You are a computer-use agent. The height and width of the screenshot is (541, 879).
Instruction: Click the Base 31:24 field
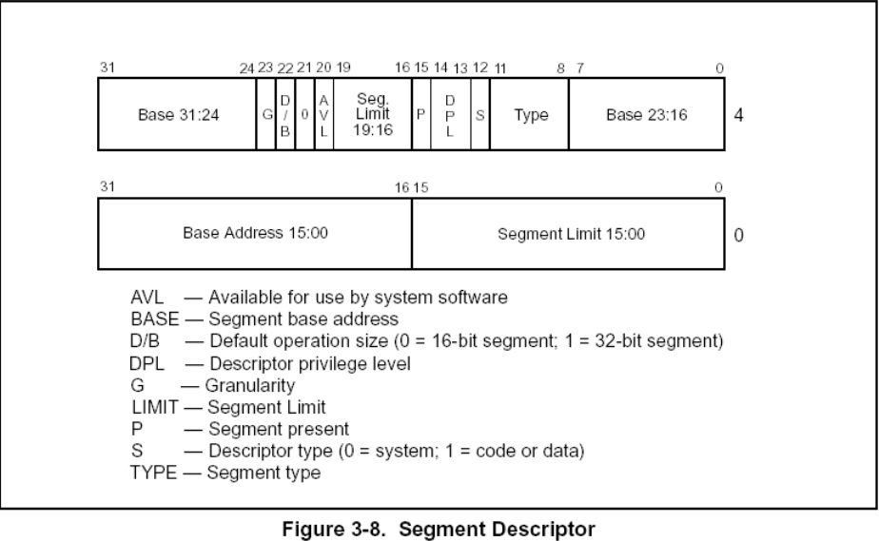pos(177,114)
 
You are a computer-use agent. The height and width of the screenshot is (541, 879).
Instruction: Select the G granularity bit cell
pos(266,114)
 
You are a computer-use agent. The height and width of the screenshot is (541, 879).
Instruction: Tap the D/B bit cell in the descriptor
pos(285,114)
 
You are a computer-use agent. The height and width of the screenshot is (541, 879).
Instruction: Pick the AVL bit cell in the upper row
pos(324,114)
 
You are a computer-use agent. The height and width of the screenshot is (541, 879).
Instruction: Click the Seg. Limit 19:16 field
pos(373,114)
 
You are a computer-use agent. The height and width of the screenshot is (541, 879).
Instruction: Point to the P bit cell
pos(421,114)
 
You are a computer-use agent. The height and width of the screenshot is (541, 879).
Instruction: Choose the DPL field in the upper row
pos(451,114)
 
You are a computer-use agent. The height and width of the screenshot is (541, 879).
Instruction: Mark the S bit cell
pos(480,114)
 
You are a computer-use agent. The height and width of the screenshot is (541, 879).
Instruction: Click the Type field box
pos(530,114)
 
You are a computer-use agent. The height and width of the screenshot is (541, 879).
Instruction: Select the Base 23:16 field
pos(647,114)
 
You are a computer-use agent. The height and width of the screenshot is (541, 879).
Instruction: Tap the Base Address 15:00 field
pos(255,234)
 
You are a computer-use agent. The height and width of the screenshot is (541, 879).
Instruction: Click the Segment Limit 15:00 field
pos(569,234)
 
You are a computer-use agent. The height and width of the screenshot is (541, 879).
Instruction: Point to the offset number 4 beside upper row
pos(739,115)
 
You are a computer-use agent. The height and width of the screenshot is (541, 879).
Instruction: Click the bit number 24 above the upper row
pos(246,68)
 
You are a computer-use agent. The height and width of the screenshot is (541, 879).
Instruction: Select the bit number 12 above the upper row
pos(480,68)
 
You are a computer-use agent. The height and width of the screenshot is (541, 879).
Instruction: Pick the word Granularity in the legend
pos(250,385)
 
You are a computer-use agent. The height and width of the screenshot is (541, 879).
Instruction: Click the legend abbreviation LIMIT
pos(155,407)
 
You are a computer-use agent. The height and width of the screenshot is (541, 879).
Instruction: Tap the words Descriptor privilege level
pos(310,364)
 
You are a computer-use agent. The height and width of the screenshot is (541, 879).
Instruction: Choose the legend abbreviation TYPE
pos(153,473)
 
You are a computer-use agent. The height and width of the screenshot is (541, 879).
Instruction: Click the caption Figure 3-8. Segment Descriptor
pos(439,530)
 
